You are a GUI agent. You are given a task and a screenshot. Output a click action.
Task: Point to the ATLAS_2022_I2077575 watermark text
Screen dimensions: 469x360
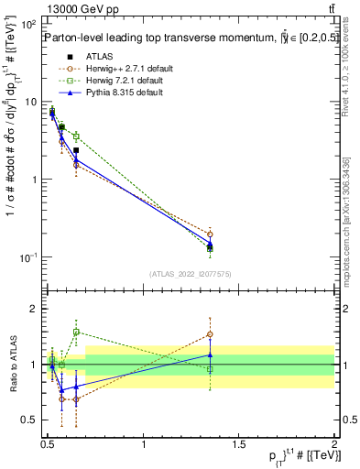(190, 274)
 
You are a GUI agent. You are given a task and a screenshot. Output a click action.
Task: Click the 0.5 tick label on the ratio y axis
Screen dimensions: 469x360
(30, 420)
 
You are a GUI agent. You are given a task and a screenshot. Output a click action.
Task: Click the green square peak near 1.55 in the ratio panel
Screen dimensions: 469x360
(76, 332)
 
